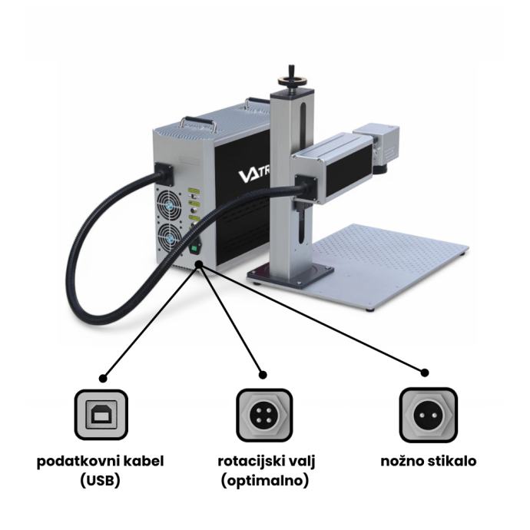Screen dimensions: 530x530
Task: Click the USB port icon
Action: tap(101, 415)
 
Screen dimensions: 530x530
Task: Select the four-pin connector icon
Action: tap(264, 415)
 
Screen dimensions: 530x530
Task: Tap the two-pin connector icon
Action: tap(429, 415)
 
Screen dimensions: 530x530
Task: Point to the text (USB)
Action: tap(101, 481)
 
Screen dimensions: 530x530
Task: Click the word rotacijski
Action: tap(251, 462)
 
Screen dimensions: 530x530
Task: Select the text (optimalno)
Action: tap(265, 481)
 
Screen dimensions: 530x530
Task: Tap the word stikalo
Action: tap(452, 461)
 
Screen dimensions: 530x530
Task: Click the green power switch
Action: tap(194, 249)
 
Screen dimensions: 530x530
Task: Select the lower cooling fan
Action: tap(169, 237)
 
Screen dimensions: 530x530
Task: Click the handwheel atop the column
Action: tap(292, 80)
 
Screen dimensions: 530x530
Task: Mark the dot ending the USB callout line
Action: tap(104, 378)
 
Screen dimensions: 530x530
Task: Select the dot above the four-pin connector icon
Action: tap(263, 375)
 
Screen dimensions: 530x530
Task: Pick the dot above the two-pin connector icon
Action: tap(425, 373)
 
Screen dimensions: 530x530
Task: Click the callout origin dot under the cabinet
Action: tap(199, 264)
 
